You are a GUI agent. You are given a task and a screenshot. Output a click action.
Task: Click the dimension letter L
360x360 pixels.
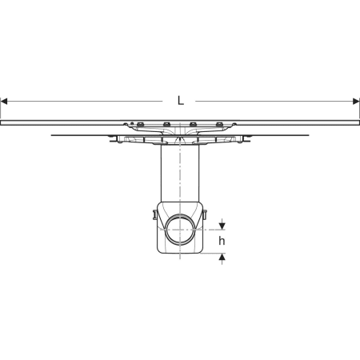[181, 101]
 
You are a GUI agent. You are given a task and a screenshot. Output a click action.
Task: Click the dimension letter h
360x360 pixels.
[222, 241]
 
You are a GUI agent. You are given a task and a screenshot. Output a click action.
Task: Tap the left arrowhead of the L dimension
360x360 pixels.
[4, 102]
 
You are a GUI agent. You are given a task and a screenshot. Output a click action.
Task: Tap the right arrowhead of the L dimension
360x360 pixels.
[356, 102]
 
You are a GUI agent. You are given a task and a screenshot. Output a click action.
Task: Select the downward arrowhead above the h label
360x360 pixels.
[222, 226]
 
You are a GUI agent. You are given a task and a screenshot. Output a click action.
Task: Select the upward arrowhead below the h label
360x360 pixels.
[222, 257]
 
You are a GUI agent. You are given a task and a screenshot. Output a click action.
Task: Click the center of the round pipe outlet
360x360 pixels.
[180, 230]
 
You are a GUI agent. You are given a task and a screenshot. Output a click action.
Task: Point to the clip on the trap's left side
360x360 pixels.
[154, 215]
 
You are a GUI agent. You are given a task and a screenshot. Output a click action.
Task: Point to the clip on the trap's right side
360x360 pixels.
[205, 215]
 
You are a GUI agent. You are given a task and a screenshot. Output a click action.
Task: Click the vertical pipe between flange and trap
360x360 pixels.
[180, 174]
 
